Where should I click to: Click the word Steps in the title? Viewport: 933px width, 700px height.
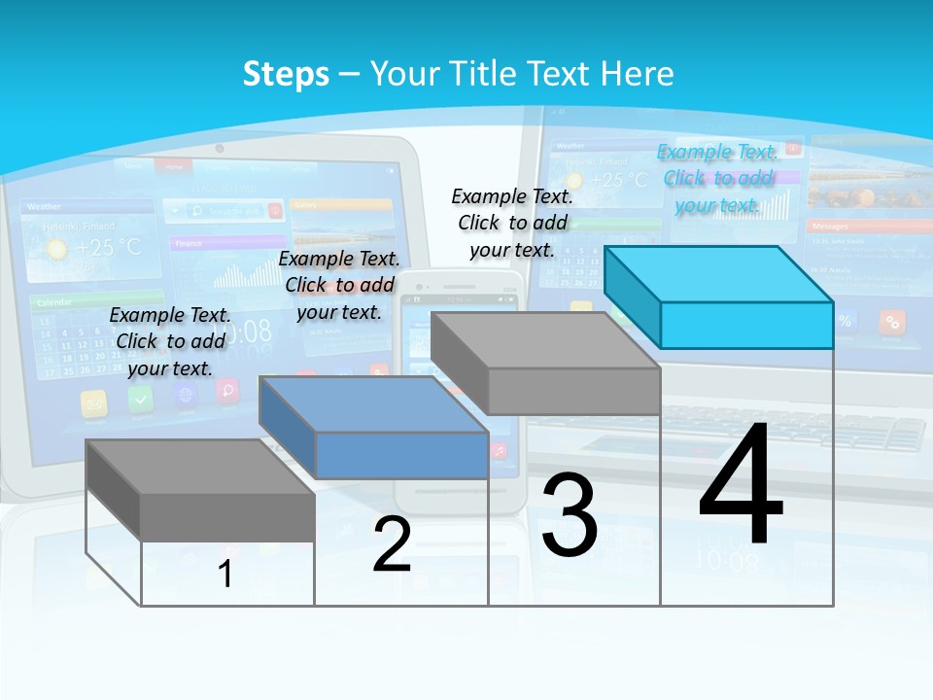click(x=286, y=74)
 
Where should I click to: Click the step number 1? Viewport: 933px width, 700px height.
click(x=225, y=574)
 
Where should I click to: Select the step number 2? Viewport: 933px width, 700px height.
click(x=392, y=544)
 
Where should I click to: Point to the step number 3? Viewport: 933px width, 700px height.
click(x=570, y=516)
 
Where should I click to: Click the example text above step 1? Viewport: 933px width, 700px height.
click(x=170, y=341)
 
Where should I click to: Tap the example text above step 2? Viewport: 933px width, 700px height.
click(x=339, y=285)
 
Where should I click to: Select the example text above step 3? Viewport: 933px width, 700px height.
click(x=512, y=223)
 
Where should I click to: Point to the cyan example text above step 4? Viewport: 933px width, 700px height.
click(x=717, y=178)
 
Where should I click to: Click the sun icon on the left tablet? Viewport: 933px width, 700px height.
click(x=57, y=249)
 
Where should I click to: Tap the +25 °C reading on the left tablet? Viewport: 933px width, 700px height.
click(x=109, y=248)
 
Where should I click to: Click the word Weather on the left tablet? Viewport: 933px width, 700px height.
click(x=45, y=207)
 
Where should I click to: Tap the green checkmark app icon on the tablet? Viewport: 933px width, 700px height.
click(x=140, y=399)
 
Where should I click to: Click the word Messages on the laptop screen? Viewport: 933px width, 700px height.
click(x=831, y=226)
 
